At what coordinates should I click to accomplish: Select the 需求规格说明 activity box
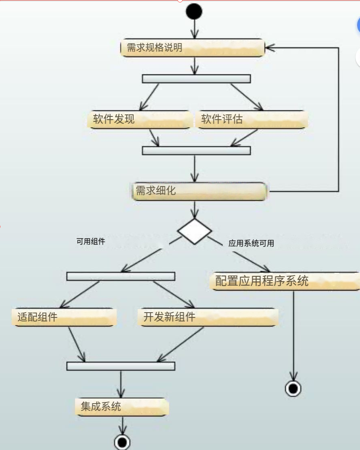tap(193, 48)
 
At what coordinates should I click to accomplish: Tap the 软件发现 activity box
tap(139, 120)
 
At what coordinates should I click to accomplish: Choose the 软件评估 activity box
tap(252, 120)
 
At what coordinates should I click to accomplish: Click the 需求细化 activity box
tap(200, 191)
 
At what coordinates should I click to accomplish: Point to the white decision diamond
tap(195, 231)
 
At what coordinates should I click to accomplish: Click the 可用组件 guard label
tap(91, 242)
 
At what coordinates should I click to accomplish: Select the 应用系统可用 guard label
tap(251, 243)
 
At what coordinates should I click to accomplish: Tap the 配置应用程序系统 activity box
tap(285, 281)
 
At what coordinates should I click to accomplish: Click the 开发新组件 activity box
tap(208, 317)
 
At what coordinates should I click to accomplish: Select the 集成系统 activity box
tap(121, 407)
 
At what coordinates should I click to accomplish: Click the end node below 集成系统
tap(122, 442)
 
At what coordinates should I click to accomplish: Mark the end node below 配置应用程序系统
tap(293, 389)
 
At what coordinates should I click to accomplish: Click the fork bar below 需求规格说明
tap(196, 79)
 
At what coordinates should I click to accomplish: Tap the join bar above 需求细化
tap(196, 151)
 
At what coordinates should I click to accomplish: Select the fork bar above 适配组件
tap(121, 276)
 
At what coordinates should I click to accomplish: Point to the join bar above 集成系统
tap(121, 366)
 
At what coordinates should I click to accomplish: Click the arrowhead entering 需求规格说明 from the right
tap(269, 48)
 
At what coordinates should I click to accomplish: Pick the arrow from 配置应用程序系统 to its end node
tap(293, 334)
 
